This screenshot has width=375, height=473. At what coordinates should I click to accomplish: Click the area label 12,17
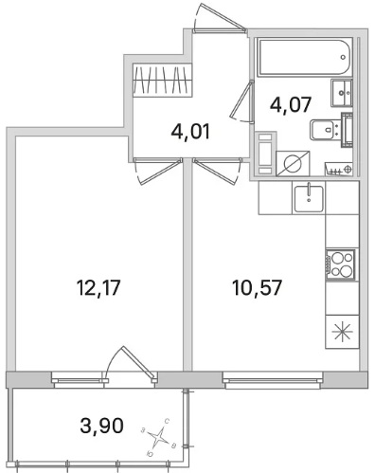coord(98,288)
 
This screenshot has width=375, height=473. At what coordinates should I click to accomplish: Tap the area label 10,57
coord(257,288)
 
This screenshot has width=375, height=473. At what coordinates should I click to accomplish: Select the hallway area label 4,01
coord(190,132)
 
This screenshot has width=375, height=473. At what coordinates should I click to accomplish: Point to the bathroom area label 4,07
coord(291,104)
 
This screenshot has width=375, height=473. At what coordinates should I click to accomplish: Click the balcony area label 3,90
coord(101,426)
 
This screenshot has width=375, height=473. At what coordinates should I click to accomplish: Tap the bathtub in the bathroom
coord(305,57)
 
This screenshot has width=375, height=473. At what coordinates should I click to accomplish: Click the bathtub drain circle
coord(343,57)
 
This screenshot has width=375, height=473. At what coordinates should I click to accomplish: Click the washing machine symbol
coord(293,163)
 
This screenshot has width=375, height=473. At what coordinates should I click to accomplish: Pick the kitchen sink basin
coord(309,199)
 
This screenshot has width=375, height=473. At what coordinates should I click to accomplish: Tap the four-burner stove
coord(341,264)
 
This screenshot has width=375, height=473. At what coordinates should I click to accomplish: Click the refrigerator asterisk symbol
coord(342,332)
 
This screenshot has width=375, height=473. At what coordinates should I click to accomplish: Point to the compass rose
coord(158,438)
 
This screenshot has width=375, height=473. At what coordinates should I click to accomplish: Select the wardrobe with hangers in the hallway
coord(162,80)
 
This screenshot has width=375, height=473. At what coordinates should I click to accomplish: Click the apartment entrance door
coord(220,17)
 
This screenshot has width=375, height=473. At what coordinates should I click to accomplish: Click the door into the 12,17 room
coord(158,171)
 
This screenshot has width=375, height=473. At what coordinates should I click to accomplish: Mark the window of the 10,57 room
coord(273,379)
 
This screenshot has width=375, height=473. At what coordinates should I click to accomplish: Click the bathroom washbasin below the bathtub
coord(341,93)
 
